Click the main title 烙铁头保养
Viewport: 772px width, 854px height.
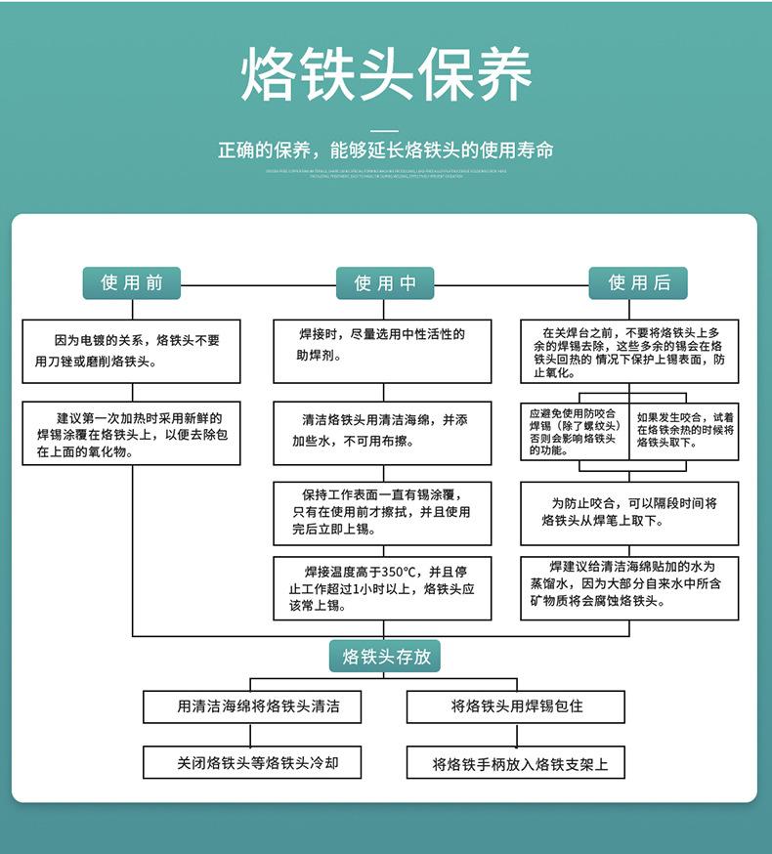(386, 75)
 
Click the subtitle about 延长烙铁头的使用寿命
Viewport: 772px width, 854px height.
(386, 150)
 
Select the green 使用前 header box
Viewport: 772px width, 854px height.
(132, 282)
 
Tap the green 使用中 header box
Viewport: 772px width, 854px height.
(385, 283)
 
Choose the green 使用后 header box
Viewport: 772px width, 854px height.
(638, 282)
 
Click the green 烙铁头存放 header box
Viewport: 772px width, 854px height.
(385, 656)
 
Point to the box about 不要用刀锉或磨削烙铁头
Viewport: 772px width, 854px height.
(131, 351)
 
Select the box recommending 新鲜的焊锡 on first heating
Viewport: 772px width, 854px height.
(131, 433)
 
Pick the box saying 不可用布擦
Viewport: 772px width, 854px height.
(382, 430)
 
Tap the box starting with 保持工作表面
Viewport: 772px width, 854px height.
(382, 513)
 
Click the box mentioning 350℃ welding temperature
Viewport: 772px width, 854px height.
(382, 588)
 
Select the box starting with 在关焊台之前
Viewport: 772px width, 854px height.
(628, 351)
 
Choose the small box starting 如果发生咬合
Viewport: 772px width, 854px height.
(684, 432)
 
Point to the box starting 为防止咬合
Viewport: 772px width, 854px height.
(628, 513)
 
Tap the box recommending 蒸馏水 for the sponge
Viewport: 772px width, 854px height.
(628, 587)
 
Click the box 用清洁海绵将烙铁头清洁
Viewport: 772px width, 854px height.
(258, 705)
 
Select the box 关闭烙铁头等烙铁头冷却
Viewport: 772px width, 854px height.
(258, 762)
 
